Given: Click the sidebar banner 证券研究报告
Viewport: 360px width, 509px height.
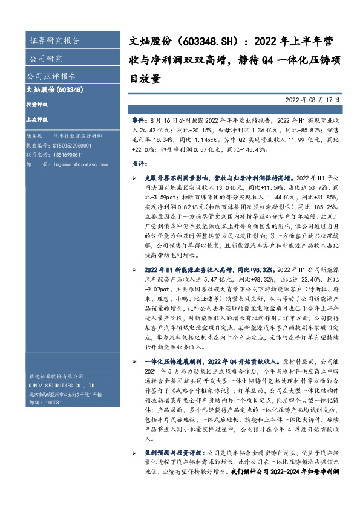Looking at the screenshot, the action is pos(54,41).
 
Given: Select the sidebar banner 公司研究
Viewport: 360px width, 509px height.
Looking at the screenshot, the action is pos(46,59).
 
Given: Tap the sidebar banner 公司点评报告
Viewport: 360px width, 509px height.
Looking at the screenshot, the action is pos(52,76).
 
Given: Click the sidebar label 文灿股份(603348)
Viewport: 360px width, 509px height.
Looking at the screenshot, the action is pos(55,90).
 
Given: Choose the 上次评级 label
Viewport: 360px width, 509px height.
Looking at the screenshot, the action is pos(37,119).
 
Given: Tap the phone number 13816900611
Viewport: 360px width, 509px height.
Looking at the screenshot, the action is pos(62,155).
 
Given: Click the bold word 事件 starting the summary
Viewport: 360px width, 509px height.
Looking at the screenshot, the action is pos(138,122).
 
